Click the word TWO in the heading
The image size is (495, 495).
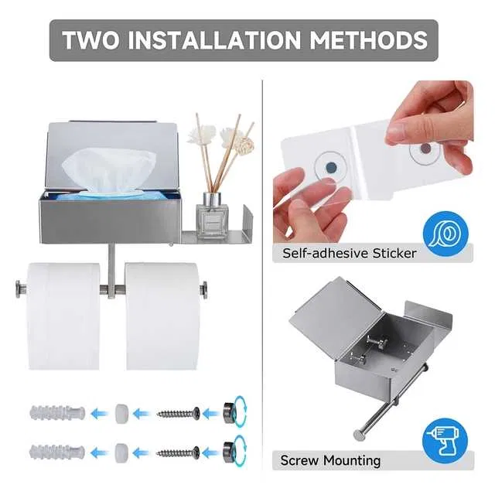coord(91,40)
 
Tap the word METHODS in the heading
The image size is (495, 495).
coord(368,40)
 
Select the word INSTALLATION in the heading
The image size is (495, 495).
coord(214,40)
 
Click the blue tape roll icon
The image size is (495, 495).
coord(445,234)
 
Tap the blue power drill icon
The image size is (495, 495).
coord(445,441)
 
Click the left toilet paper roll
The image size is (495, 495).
coord(63,316)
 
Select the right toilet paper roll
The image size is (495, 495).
coord(162,316)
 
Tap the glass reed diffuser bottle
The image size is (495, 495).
coord(212,216)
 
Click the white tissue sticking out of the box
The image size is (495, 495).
coord(109,171)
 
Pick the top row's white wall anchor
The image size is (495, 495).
coord(57,412)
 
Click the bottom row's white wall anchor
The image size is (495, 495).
coord(57,452)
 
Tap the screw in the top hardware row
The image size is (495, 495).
coord(179,413)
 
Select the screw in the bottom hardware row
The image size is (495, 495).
coord(178,453)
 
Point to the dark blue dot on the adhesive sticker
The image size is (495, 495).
coord(331,167)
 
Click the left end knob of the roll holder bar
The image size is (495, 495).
coord(21,288)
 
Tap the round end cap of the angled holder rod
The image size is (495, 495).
coord(358,435)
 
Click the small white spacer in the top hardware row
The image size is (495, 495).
coord(121,413)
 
